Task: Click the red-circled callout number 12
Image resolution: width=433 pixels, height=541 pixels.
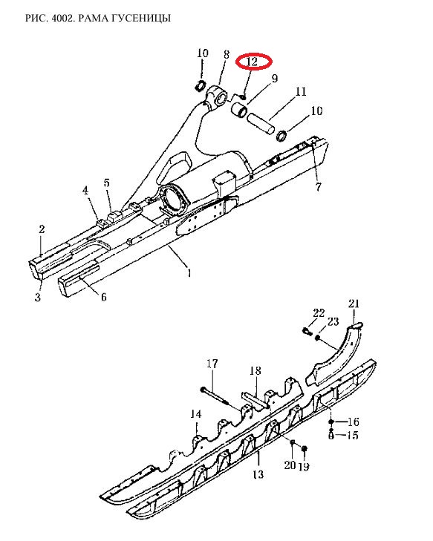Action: tap(253, 62)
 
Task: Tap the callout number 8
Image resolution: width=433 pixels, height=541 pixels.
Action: tap(227, 54)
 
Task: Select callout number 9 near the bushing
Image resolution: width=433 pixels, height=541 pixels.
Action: tap(275, 79)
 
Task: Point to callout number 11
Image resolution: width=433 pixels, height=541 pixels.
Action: tap(301, 91)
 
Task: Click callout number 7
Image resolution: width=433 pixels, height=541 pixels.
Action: tap(319, 187)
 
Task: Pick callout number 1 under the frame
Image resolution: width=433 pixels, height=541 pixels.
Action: tap(189, 273)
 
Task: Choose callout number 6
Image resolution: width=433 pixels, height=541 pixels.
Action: tap(103, 297)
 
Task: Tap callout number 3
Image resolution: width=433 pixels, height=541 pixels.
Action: tap(38, 297)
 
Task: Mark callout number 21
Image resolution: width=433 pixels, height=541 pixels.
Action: tap(354, 304)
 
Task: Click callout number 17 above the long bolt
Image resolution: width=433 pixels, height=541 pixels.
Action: tap(212, 364)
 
